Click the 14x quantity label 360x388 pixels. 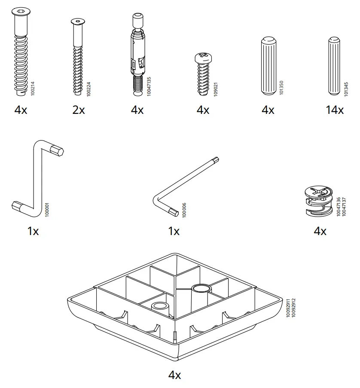point(334,110)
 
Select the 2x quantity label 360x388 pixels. point(79,110)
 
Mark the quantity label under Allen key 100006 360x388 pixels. point(174,231)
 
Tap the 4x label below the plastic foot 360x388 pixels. point(174,375)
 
